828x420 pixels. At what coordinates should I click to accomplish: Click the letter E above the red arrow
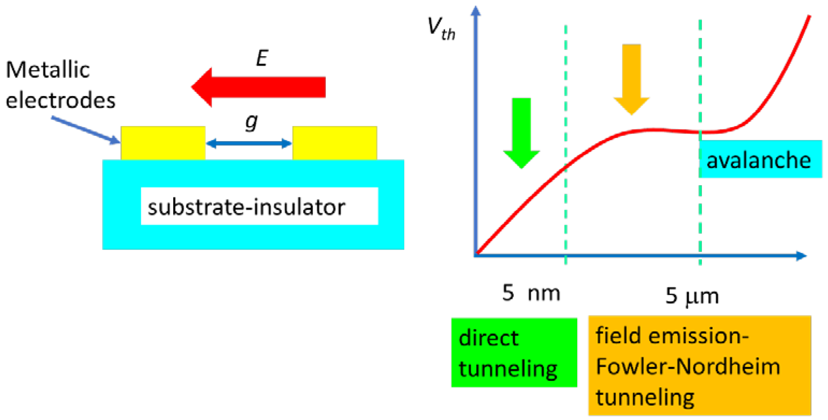[262, 58]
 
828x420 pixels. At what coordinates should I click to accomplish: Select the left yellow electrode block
[163, 143]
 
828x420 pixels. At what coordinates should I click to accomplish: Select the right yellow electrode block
[335, 143]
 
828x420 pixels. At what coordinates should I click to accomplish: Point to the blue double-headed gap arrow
[249, 143]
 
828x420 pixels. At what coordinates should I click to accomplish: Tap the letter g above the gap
[251, 122]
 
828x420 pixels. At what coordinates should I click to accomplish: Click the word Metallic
[48, 70]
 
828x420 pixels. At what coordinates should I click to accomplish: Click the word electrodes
[60, 100]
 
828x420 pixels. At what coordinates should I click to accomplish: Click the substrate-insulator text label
[246, 207]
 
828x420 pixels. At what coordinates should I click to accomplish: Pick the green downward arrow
[521, 132]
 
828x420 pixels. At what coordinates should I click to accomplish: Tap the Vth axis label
[441, 29]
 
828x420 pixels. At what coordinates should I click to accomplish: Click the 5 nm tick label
[531, 293]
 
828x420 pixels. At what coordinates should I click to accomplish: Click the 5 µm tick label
[692, 295]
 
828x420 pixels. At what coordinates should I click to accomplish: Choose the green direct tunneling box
[514, 352]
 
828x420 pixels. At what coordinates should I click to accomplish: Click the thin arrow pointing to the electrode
[85, 130]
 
